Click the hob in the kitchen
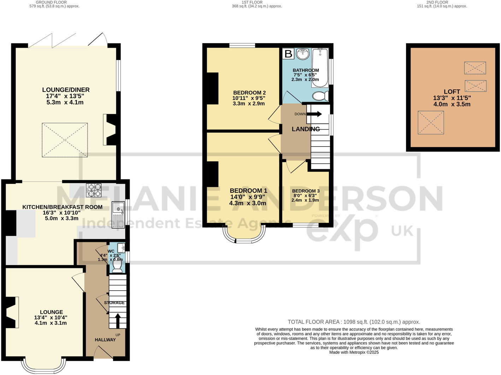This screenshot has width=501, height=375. pos(94,190)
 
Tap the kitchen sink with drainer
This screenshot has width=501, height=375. pos(118,214)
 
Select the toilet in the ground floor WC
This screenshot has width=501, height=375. pos(117,268)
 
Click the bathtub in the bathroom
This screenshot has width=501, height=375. pos(320,67)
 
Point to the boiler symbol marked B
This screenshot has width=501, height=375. pos(288,54)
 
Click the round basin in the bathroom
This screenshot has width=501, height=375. pos(302,54)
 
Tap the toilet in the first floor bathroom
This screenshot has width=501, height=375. pos(320,96)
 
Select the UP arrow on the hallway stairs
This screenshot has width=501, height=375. pos(117,321)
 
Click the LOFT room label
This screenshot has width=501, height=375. pos(452,92)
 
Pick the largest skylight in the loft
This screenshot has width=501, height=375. pos(431,123)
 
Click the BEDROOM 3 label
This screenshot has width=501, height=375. pos(306,191)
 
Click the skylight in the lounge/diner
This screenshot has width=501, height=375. pos(65,140)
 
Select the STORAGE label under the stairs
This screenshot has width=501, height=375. pos(114,303)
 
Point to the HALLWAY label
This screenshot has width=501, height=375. pos(105,340)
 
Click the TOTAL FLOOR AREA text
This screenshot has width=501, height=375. pos(354,322)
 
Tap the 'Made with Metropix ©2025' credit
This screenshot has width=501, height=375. pos(354,352)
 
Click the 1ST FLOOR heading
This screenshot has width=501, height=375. pos(252,2)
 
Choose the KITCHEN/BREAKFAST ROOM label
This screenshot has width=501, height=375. pos(63,207)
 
